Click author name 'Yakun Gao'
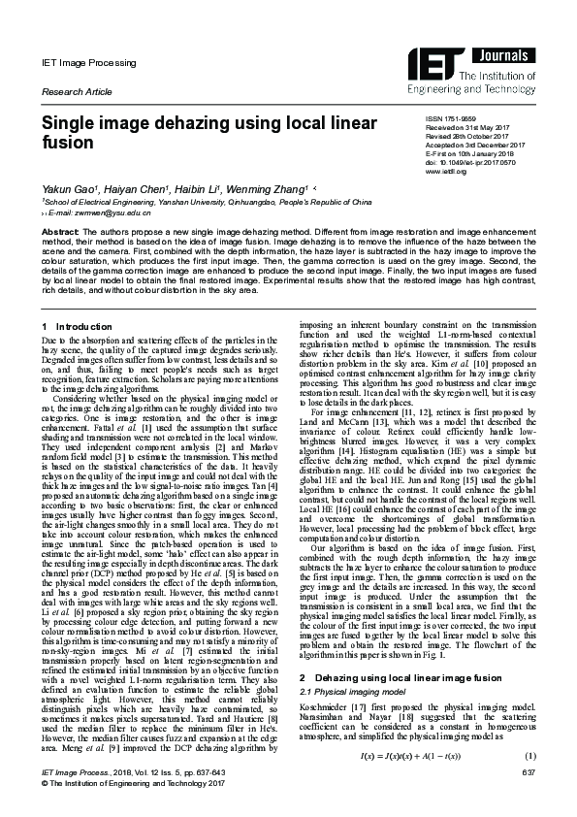67,187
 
